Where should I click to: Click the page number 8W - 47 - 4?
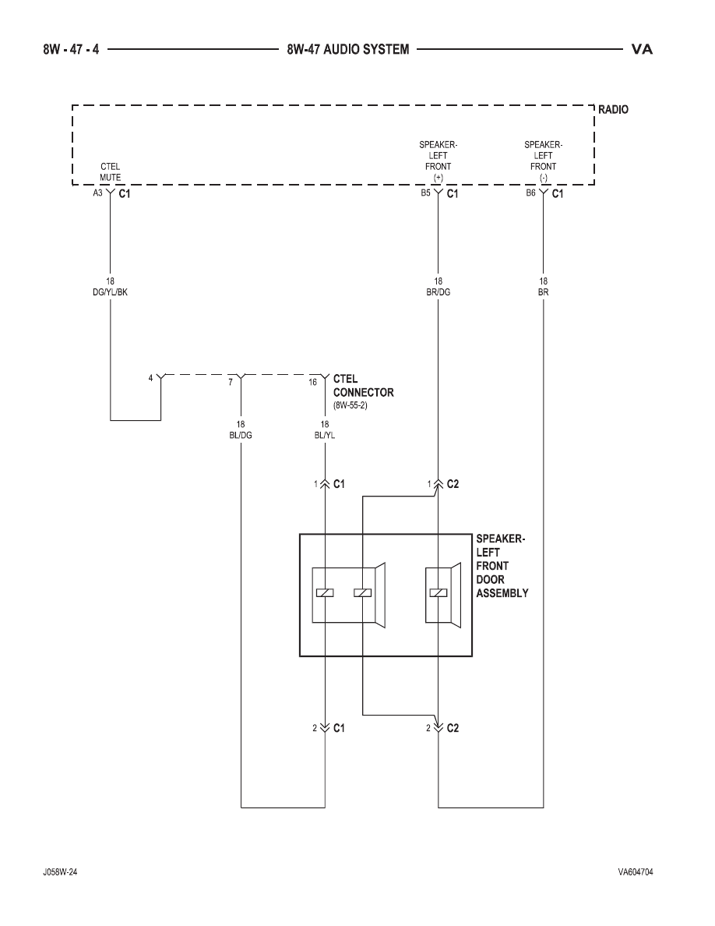tap(71, 49)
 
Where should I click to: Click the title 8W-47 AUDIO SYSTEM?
tap(348, 49)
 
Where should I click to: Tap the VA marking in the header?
tap(642, 49)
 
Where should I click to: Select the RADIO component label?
tap(613, 109)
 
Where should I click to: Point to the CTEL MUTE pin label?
tap(111, 171)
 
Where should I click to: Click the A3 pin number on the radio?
tap(97, 193)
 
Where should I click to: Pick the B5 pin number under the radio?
tap(425, 193)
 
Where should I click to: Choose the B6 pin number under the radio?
tap(531, 193)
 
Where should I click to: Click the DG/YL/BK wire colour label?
tap(111, 292)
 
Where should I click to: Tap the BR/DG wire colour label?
tap(438, 292)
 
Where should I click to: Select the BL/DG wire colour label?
tap(241, 435)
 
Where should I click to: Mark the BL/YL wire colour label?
tap(325, 435)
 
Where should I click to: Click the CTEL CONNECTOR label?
tap(364, 386)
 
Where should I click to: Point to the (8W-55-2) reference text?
tap(350, 406)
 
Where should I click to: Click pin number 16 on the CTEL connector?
tap(312, 382)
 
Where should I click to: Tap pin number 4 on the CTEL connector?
tap(150, 378)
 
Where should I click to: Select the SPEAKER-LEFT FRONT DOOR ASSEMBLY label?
tap(502, 566)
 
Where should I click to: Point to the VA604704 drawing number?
tap(636, 871)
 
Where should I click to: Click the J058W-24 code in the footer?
tap(59, 871)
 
